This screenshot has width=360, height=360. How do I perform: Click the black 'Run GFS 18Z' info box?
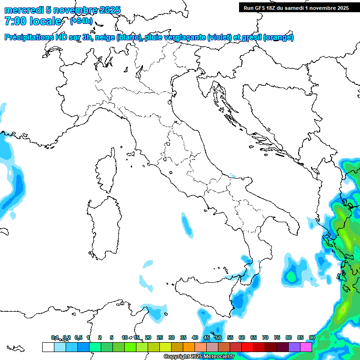coord(297,7)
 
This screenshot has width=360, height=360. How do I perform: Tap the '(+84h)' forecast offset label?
coord(81,22)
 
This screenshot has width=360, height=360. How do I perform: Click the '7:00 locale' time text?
coord(33,21)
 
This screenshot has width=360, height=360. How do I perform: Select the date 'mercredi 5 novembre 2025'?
coord(62,10)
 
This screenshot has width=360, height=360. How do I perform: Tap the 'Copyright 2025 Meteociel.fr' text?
coord(199,357)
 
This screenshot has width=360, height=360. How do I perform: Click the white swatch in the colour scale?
coord(48,347)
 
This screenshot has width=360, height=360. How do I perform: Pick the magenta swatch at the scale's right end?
coord(306,347)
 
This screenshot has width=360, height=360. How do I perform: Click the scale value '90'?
coord(312,337)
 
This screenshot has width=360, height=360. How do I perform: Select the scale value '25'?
coord(160,337)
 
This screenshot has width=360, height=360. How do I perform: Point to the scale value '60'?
coord(242,337)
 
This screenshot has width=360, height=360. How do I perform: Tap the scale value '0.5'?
coord(78,337)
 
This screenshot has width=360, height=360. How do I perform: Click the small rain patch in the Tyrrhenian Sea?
coord(187,225)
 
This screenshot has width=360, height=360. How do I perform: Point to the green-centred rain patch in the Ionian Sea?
coord(292,274)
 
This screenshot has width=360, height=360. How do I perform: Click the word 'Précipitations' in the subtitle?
coord(29,37)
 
